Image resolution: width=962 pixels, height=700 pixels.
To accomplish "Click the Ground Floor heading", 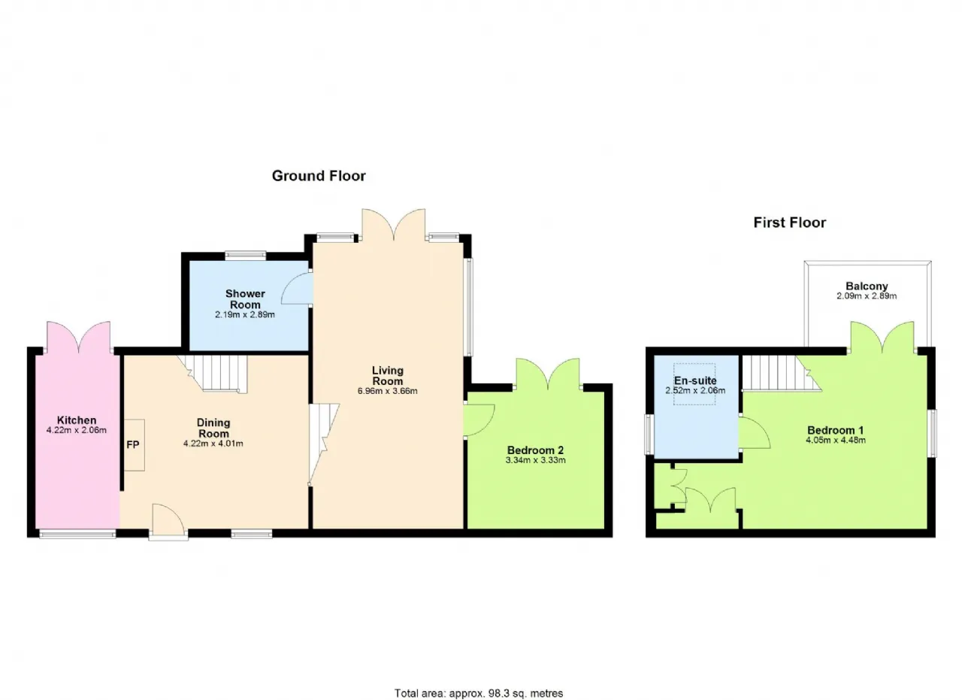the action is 319,176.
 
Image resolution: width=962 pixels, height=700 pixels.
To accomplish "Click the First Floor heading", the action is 790,223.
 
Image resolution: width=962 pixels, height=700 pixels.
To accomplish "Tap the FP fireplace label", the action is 133,445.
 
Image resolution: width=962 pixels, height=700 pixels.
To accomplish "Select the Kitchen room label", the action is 77,420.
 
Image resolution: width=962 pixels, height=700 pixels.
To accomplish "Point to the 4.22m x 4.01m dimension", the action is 213,444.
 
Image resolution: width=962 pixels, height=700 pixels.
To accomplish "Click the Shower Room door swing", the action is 296,288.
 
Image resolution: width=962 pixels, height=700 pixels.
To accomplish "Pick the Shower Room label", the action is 245,299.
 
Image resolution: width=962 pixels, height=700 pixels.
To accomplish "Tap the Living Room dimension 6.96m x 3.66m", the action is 387,391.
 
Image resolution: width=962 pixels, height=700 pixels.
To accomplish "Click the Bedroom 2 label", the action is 535,450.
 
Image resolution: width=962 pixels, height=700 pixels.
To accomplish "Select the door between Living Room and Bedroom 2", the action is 479,421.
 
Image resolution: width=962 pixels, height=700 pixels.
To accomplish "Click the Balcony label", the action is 867,286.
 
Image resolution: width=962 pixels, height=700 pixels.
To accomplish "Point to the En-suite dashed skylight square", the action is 694,383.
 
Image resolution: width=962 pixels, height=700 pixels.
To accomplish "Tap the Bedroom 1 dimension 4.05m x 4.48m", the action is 836,440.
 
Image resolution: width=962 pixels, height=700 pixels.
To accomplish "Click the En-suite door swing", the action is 755,433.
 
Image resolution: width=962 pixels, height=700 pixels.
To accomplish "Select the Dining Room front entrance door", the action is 168,521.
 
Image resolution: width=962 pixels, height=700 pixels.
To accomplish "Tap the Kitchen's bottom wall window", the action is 77,534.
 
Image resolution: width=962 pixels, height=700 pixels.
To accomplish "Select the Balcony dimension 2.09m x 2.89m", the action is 867,296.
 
